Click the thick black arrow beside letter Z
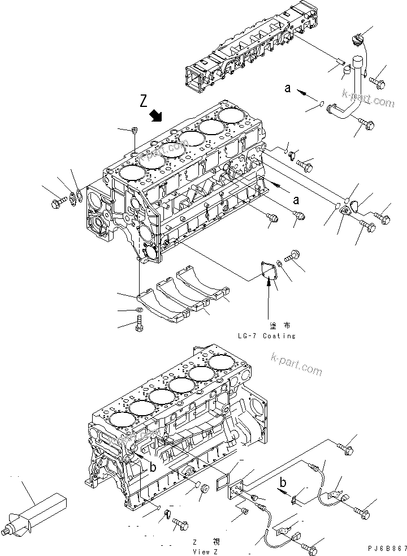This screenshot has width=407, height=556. click(x=157, y=117)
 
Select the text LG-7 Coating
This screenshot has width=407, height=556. click(x=266, y=335)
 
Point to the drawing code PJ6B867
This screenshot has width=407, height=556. click(x=386, y=549)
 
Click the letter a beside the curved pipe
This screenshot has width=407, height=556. click(x=288, y=88)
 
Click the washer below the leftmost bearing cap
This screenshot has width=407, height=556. click(x=139, y=311)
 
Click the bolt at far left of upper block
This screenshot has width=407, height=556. click(x=57, y=201)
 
